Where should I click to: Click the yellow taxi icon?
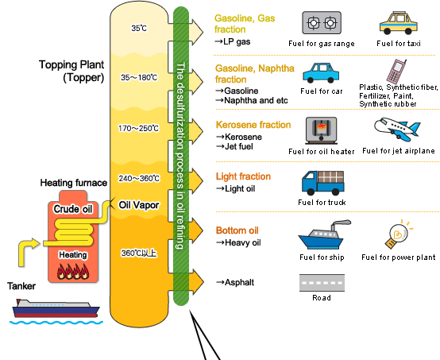(x=399, y=23)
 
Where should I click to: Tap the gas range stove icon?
(x=322, y=23)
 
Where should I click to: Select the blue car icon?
(x=321, y=73)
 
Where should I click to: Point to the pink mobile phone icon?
(x=396, y=71)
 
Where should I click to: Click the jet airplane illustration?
(x=397, y=130)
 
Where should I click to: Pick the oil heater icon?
(x=322, y=130)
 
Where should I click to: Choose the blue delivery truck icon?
(x=322, y=183)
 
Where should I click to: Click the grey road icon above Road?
(x=322, y=283)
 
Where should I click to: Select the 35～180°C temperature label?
(x=139, y=77)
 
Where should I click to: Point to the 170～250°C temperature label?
(x=138, y=128)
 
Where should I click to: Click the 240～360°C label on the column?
(x=139, y=178)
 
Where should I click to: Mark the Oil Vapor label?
(x=139, y=205)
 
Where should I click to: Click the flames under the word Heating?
(x=73, y=272)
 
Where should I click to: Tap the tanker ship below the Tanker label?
(x=56, y=308)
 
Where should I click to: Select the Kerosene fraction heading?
(x=253, y=125)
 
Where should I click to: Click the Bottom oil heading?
(x=237, y=230)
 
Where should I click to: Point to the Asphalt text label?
(x=235, y=282)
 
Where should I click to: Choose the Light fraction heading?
(x=243, y=176)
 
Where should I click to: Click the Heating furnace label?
(x=74, y=183)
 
